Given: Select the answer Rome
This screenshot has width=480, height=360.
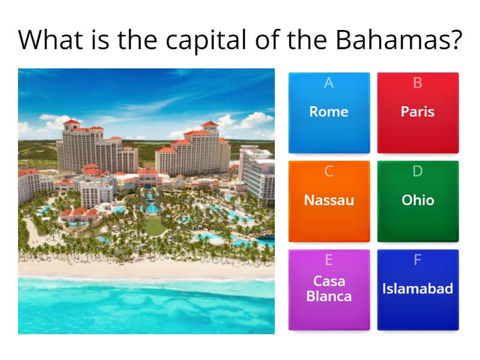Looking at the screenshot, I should coord(329,112).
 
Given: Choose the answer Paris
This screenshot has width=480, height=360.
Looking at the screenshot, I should coord(418,112).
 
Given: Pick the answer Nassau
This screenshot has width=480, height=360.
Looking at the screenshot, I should coord(329,200).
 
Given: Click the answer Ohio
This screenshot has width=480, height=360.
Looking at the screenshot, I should coord(418,200).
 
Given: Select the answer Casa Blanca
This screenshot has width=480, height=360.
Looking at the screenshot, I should coord(329,289).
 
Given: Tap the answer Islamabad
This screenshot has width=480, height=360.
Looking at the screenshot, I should coord(418,289).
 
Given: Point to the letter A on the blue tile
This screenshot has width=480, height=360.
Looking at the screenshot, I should coord(329,83).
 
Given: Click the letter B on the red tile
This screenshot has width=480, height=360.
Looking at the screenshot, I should coord(418,83).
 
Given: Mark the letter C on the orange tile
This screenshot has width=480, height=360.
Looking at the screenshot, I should coord(329,172).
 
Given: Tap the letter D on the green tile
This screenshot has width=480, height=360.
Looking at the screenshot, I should coord(418,172).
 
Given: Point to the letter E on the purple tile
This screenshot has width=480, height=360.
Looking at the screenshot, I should coord(329,260).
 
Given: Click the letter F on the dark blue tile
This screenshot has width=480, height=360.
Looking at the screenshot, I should coord(418,260).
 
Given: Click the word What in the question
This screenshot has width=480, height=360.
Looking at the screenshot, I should coord(50,40).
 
